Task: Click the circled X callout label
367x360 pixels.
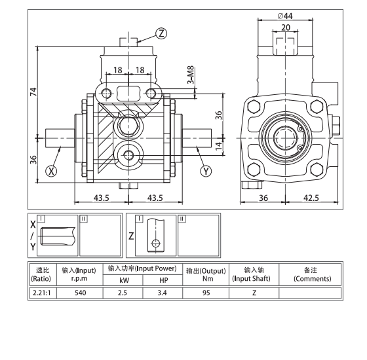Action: click(x=52, y=172)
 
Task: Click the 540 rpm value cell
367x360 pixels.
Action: click(x=79, y=292)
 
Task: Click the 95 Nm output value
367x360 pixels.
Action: click(x=206, y=292)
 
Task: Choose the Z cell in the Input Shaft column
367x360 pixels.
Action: click(x=253, y=292)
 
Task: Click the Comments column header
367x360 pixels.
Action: click(x=308, y=274)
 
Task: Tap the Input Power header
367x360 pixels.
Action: click(x=142, y=268)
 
